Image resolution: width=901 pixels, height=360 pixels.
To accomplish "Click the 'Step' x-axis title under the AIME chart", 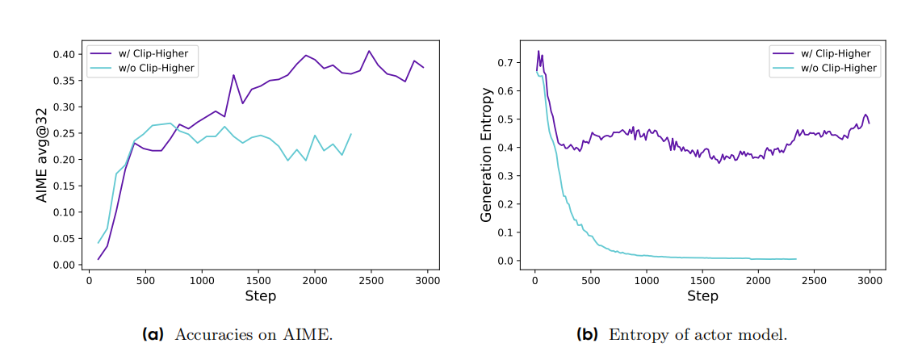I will (x=261, y=296).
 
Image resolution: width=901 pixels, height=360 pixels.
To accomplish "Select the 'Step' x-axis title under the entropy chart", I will (x=702, y=296).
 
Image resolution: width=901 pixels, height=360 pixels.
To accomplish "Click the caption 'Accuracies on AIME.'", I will (x=253, y=334).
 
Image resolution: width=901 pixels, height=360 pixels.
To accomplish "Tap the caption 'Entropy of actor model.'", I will (x=697, y=334).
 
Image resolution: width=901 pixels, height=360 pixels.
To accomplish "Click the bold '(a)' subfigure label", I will (x=153, y=334).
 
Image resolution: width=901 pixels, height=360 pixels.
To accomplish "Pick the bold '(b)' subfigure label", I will (x=587, y=334).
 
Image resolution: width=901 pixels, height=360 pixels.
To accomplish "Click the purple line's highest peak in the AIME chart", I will (x=369, y=51).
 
